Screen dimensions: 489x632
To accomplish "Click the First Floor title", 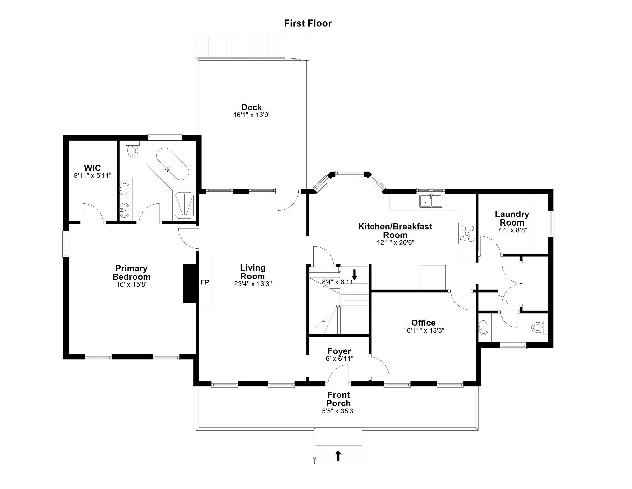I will [308, 23].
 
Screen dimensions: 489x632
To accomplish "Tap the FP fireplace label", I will [205, 282].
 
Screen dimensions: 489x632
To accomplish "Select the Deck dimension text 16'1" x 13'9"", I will [252, 115].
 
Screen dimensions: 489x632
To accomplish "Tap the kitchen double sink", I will [431, 200].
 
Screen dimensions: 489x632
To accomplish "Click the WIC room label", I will [92, 168].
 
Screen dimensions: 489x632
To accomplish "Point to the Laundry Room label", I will [512, 218].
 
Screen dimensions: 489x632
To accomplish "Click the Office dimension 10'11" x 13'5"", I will [424, 331].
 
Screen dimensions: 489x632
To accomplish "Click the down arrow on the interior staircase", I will [354, 274].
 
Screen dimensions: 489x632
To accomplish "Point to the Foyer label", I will [339, 351].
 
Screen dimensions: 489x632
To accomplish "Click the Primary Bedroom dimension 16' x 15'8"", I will [132, 284].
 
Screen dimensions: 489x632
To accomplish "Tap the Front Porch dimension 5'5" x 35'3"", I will [338, 411].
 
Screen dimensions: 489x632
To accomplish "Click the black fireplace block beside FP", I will [190, 283].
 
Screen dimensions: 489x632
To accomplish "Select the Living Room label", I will [253, 272].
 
